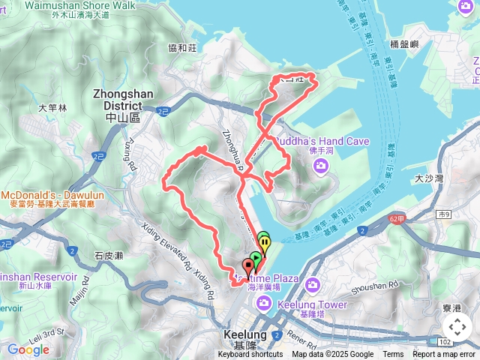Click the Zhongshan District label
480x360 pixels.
pyautogui.click(x=115, y=100)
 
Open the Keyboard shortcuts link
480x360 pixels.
pyautogui.click(x=250, y=355)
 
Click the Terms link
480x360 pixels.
pyautogui.click(x=393, y=355)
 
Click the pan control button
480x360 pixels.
pyautogui.click(x=457, y=327)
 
